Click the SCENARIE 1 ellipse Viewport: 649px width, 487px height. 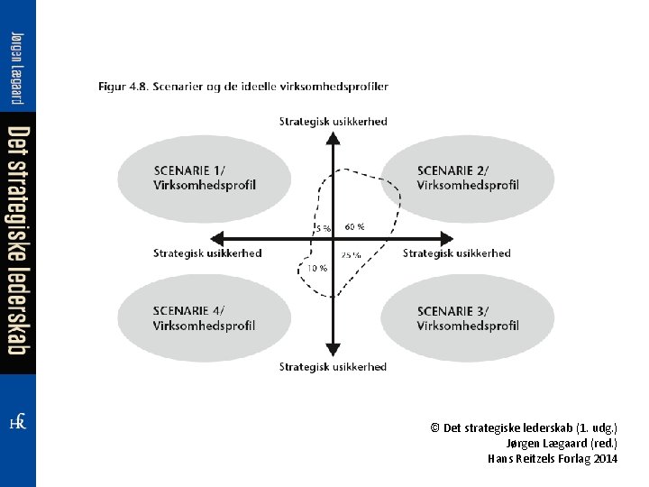(205, 179)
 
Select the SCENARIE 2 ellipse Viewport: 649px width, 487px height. (468, 179)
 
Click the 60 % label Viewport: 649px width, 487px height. (355, 226)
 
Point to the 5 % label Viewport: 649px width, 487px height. (322, 228)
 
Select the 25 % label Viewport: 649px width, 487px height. (352, 255)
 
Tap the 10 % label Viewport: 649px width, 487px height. (317, 268)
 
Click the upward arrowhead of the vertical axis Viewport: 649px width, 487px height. (333, 137)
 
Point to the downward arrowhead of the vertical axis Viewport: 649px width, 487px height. (333, 350)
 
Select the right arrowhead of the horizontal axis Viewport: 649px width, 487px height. (446, 238)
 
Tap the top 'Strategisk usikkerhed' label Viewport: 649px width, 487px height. (333, 121)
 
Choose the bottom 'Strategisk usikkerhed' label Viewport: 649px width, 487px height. (333, 366)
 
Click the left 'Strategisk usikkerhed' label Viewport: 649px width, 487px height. (207, 253)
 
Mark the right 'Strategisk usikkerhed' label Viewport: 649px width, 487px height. (457, 253)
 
